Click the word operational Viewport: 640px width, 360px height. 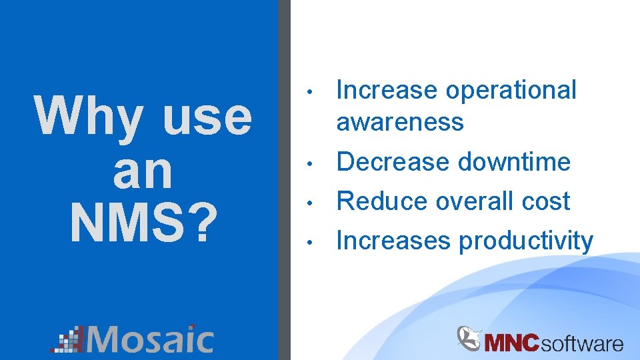pyautogui.click(x=511, y=90)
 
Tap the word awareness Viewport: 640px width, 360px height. pyautogui.click(x=400, y=122)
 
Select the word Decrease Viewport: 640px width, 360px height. pyautogui.click(x=393, y=162)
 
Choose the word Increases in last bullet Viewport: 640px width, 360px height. pyautogui.click(x=393, y=241)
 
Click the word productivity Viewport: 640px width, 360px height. pyautogui.click(x=525, y=241)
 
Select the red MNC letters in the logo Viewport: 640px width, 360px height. pyautogui.click(x=512, y=343)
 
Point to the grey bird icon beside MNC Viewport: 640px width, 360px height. pyautogui.click(x=469, y=337)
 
